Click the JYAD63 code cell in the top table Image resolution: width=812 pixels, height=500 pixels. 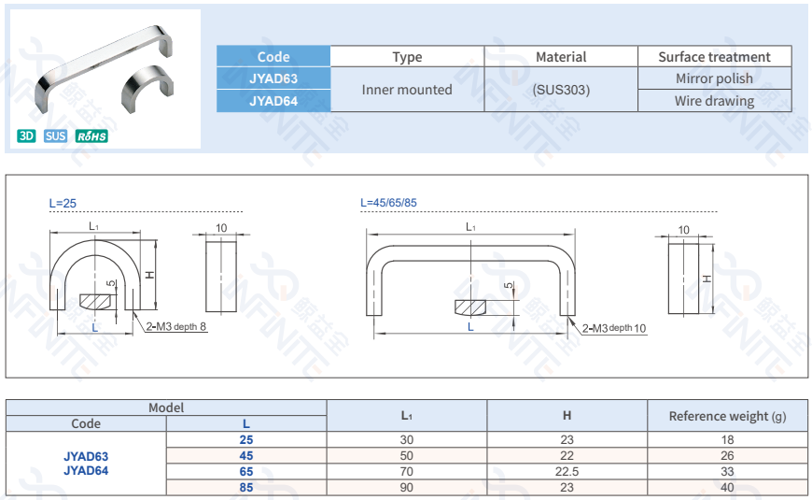(273, 79)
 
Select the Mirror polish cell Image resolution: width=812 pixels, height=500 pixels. (714, 79)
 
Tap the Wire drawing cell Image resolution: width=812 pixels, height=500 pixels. (714, 101)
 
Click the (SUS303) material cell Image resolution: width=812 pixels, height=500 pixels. (561, 90)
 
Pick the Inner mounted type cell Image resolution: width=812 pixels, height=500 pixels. (407, 90)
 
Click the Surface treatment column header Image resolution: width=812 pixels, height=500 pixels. (714, 57)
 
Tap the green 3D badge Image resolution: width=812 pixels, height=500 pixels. (26, 136)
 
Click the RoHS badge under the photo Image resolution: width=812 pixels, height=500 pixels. (92, 136)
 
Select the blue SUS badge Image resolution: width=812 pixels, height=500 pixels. (56, 136)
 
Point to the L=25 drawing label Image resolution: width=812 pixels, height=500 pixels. (63, 203)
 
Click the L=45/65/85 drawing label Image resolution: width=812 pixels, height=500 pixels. (388, 203)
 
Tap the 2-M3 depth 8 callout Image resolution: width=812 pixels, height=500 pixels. (176, 326)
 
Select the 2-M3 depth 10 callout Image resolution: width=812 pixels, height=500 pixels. (613, 328)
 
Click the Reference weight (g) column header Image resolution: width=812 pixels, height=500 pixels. (727, 416)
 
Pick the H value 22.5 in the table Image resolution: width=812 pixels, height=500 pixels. (567, 472)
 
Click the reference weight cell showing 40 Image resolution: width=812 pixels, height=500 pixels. (727, 487)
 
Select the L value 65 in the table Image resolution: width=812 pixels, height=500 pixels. (246, 472)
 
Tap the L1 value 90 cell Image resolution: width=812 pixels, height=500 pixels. (407, 487)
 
